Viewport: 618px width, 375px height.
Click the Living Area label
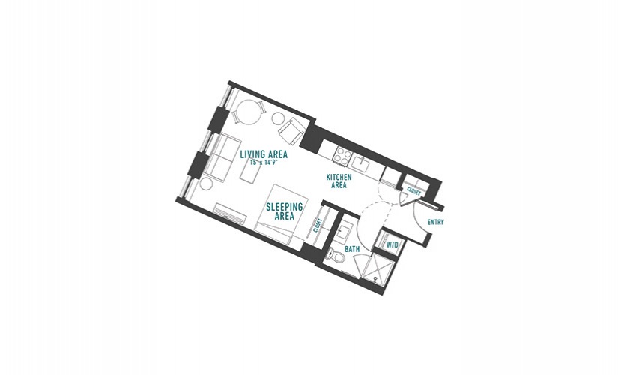point(264,154)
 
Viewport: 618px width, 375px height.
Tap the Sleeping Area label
point(284,211)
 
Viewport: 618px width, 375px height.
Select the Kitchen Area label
point(339,181)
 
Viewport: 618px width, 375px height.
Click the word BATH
point(352,249)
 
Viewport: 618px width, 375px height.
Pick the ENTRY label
point(436,222)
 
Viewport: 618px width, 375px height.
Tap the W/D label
point(393,245)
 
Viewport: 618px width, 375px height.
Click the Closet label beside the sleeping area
point(318,226)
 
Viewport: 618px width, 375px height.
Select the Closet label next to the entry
point(413,191)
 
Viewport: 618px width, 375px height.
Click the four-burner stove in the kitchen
point(342,155)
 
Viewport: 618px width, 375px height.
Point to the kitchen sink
point(360,163)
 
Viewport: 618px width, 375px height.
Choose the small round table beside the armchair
point(278,118)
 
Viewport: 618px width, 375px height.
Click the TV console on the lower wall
point(231,212)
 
